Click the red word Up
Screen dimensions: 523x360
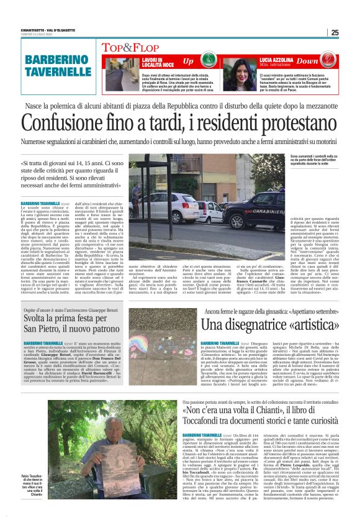188,61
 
